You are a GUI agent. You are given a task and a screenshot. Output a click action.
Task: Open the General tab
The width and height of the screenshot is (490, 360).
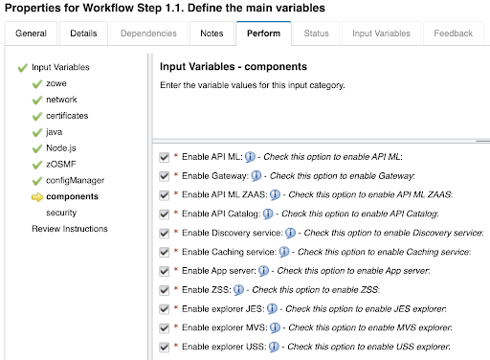pyautogui.click(x=31, y=34)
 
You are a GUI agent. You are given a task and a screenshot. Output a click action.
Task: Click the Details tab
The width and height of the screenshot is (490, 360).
pyautogui.click(x=83, y=34)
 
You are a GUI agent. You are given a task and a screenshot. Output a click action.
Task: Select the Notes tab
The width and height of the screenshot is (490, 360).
pyautogui.click(x=211, y=34)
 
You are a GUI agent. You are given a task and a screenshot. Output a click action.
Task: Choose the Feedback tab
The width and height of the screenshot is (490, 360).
pyautogui.click(x=453, y=34)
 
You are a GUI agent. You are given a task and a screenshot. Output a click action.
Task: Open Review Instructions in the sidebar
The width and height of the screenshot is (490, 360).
pyautogui.click(x=70, y=229)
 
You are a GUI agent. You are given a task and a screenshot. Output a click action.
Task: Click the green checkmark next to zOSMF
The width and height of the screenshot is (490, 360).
pyautogui.click(x=36, y=165)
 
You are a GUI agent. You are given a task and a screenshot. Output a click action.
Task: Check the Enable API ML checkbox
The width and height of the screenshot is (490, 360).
pyautogui.click(x=165, y=156)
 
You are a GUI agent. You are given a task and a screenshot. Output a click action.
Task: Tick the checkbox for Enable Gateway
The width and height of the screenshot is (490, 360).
pyautogui.click(x=165, y=175)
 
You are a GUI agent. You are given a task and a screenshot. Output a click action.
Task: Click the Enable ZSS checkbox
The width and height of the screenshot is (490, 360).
pyautogui.click(x=165, y=289)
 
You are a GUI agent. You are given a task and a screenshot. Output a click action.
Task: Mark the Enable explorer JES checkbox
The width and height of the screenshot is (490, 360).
pyautogui.click(x=165, y=308)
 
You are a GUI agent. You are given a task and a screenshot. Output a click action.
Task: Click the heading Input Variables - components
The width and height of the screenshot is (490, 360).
pyautogui.click(x=233, y=67)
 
